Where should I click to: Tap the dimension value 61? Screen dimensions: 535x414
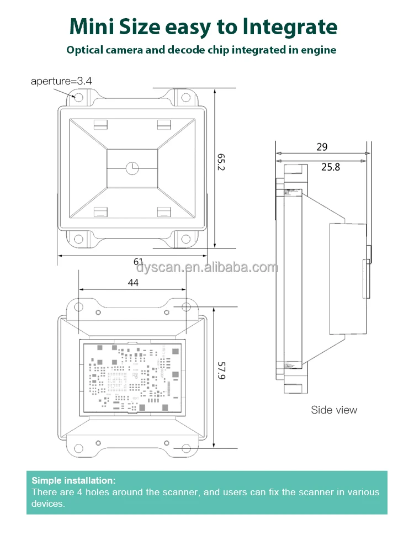point(139,262)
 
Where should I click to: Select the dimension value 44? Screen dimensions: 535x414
point(133,282)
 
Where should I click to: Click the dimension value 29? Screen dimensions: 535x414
point(322,147)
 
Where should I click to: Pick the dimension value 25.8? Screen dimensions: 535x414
point(330,166)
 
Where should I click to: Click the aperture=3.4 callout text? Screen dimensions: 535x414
point(61,81)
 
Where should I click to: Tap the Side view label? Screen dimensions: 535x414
point(334,410)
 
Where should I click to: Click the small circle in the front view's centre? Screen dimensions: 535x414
point(132,167)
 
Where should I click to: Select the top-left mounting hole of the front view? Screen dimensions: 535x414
point(78,98)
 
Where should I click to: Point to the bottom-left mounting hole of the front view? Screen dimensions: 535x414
point(78,239)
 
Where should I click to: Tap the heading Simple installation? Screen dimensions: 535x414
point(73,480)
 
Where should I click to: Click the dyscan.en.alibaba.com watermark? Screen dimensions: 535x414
point(207,268)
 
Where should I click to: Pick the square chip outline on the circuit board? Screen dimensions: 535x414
point(118,380)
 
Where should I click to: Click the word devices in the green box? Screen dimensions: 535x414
point(48,504)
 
